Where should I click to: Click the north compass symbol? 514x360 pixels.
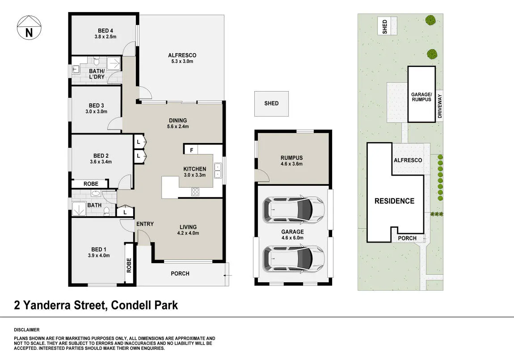(29, 28)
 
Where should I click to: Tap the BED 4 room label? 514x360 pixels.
(105, 34)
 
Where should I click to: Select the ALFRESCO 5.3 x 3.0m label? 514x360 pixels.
(182, 59)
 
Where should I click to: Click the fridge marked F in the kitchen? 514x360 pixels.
(192, 150)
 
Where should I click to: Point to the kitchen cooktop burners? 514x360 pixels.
(195, 192)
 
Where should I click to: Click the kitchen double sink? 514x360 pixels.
(218, 171)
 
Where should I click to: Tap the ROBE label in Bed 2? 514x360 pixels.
(91, 184)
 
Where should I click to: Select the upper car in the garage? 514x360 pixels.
(294, 209)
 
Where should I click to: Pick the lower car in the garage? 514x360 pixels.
(294, 258)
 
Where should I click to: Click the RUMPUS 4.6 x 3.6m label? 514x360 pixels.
(292, 160)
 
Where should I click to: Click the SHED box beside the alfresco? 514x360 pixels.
(271, 104)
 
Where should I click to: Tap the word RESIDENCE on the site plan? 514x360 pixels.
(394, 201)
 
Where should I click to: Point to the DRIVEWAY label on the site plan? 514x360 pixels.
(440, 106)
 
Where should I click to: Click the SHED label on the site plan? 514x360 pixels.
(385, 26)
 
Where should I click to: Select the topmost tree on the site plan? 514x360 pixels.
(430, 20)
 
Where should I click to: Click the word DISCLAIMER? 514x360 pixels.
(26, 330)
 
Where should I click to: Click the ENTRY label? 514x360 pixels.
(145, 224)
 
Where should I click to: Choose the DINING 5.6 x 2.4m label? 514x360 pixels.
(178, 123)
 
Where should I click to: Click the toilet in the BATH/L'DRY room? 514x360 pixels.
(96, 61)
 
